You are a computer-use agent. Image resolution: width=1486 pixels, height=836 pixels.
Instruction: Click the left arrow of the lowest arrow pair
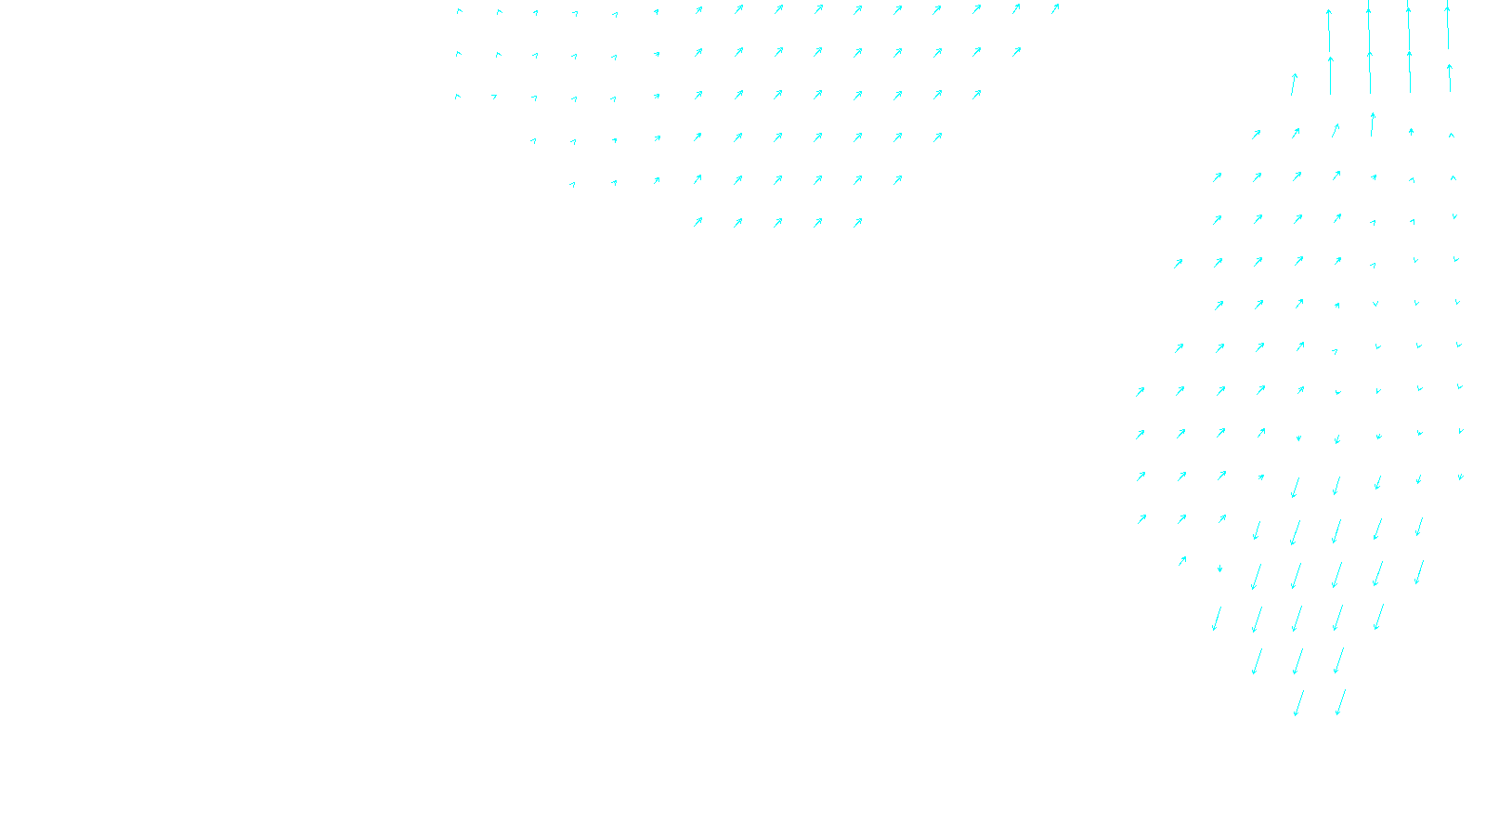[1298, 703]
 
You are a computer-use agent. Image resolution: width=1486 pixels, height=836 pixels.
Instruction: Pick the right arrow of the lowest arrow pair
[1339, 702]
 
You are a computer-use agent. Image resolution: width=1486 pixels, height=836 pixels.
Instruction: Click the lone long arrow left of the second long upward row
[1293, 85]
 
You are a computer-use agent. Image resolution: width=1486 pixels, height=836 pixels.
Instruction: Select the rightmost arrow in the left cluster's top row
[1055, 9]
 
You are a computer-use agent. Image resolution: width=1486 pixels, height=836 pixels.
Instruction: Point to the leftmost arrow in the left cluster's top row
[459, 12]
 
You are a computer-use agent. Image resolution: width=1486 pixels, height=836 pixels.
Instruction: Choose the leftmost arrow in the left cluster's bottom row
[697, 222]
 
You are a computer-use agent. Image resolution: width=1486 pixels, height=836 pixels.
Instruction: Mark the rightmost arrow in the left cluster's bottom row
[857, 222]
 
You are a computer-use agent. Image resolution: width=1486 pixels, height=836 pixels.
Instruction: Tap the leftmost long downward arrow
[1216, 618]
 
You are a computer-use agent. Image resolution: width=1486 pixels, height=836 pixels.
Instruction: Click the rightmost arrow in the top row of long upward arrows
[1447, 25]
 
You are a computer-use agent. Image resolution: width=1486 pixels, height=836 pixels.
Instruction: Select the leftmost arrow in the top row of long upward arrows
[1329, 30]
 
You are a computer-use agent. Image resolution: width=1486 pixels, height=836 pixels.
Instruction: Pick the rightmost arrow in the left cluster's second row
[1016, 52]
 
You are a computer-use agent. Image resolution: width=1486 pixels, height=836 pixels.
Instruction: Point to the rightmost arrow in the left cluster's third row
[976, 95]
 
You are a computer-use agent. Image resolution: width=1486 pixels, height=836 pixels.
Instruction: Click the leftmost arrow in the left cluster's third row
[457, 97]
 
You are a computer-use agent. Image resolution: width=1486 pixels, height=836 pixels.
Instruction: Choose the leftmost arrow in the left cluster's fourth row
[533, 141]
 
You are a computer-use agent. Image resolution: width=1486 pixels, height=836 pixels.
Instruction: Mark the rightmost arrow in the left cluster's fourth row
[937, 137]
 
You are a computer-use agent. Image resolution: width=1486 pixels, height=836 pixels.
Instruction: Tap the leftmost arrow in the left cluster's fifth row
[572, 184]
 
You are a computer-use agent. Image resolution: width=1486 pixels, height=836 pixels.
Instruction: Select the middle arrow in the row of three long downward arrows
[1297, 660]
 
